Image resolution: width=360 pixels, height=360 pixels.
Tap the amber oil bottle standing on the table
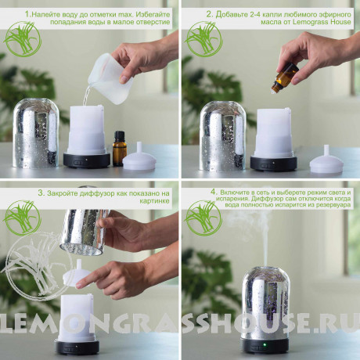(x=120, y=149)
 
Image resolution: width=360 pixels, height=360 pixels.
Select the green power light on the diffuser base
(x=265, y=345)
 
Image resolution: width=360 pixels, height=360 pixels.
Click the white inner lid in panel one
(x=139, y=157)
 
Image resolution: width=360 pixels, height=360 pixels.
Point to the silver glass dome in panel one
(x=36, y=133)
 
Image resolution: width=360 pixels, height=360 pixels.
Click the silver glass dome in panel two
(x=222, y=136)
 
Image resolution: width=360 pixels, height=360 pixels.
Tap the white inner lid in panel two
(x=326, y=160)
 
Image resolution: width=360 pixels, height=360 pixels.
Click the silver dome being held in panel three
(x=84, y=232)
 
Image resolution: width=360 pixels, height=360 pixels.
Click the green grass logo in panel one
(x=23, y=39)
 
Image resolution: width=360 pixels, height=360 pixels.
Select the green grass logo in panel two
(x=203, y=39)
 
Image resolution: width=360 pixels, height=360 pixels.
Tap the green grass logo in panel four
(x=203, y=218)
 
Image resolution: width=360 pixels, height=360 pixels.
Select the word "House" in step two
(x=340, y=22)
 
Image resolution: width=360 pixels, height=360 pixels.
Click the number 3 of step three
(x=41, y=193)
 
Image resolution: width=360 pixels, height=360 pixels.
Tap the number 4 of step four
(x=214, y=193)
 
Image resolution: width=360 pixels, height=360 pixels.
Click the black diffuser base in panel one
(x=87, y=160)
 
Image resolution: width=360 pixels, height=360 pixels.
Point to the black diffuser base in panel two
(x=274, y=163)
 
